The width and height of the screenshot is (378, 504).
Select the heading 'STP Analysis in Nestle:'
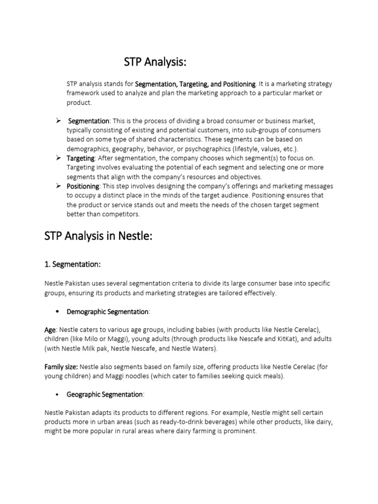pos(98,236)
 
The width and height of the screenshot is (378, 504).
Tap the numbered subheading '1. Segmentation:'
pos(72,264)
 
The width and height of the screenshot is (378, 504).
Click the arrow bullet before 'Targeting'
pos(58,158)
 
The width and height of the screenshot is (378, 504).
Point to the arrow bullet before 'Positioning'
pos(58,186)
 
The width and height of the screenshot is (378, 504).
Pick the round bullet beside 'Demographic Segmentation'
pos(58,312)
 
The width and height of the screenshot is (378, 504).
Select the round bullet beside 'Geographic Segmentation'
pos(58,394)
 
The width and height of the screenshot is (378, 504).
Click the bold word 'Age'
pos(50,330)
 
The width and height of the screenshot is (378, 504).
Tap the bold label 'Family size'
pos(61,367)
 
